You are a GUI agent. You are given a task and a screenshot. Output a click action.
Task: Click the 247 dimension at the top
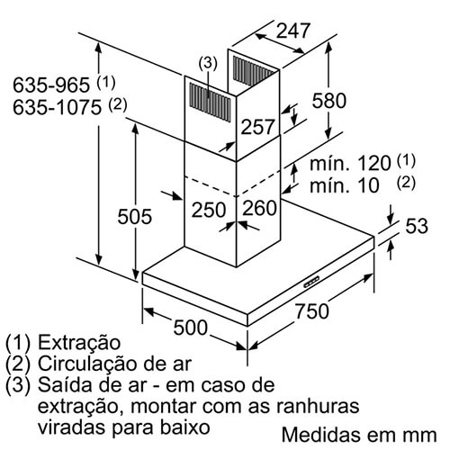pyautogui.click(x=292, y=31)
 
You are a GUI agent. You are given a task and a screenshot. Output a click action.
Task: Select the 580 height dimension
pyautogui.click(x=329, y=100)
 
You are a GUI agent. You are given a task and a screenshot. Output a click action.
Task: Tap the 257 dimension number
pyautogui.click(x=257, y=127)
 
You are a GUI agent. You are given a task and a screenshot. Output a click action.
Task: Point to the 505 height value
pyautogui.click(x=134, y=216)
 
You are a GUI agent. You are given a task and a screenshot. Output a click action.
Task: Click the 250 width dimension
pyautogui.click(x=209, y=210)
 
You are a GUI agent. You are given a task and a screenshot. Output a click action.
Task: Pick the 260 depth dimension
pyautogui.click(x=259, y=208)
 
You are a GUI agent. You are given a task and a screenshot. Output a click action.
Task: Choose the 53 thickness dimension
pyautogui.click(x=417, y=226)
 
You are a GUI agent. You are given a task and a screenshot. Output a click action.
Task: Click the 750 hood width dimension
pyautogui.click(x=312, y=310)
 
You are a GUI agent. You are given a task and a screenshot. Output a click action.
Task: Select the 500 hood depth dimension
pyautogui.click(x=190, y=327)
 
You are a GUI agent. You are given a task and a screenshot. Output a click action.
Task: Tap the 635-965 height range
pyautogui.click(x=51, y=85)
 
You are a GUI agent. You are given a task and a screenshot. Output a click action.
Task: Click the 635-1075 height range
pyautogui.click(x=57, y=107)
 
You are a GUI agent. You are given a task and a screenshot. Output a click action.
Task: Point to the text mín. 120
pyautogui.click(x=350, y=164)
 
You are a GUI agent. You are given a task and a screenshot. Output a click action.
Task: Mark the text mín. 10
pyautogui.click(x=345, y=185)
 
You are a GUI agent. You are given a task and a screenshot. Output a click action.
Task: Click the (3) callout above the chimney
pyautogui.click(x=208, y=64)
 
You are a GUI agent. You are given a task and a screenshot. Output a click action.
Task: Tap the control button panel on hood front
pyautogui.click(x=311, y=281)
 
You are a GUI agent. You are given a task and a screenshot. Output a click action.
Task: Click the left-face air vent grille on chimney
pyautogui.click(x=210, y=102)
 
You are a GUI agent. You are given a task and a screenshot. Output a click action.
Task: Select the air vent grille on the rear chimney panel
pyautogui.click(x=254, y=71)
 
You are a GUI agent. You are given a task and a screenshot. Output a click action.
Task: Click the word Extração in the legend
pyautogui.click(x=79, y=343)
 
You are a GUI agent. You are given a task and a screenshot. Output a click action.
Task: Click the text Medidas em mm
pyautogui.click(x=359, y=435)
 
